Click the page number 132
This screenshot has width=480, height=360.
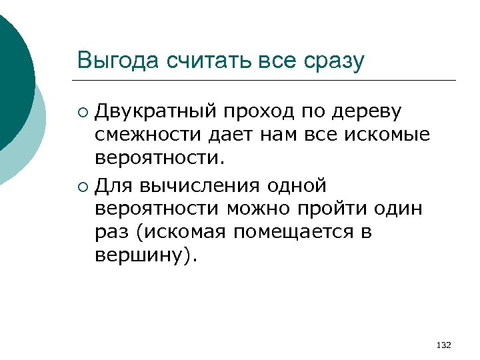443,345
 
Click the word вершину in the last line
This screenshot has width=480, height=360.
141,257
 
